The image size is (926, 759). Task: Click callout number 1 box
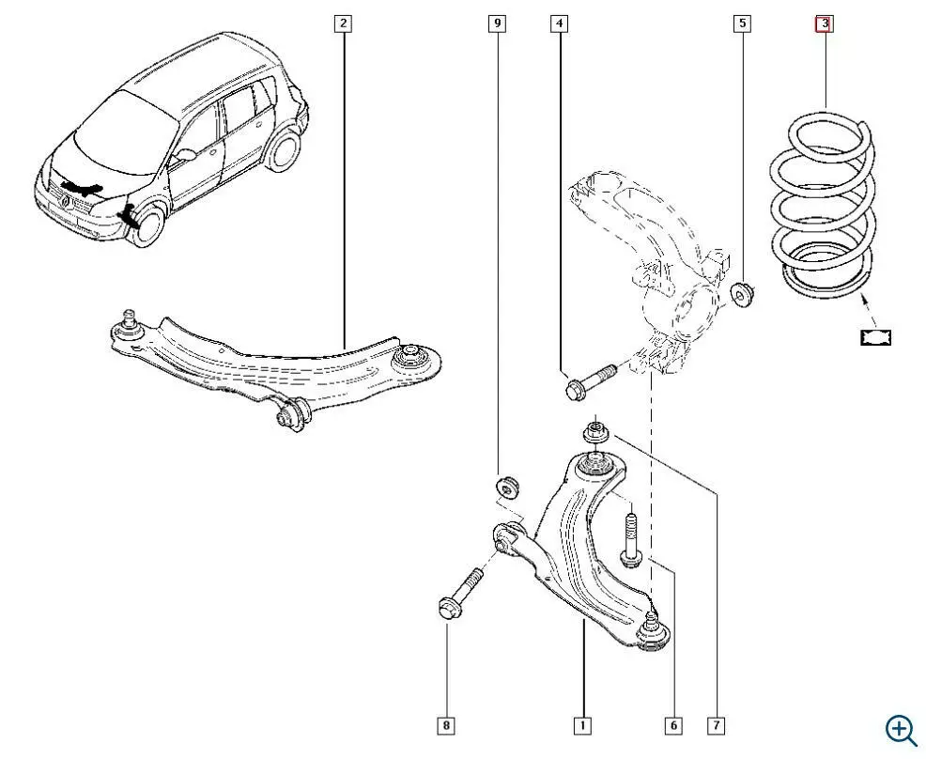pyautogui.click(x=582, y=725)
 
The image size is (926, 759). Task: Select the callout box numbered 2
pyautogui.click(x=344, y=23)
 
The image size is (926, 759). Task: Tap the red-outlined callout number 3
pyautogui.click(x=823, y=23)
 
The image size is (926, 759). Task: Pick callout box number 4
pyautogui.click(x=559, y=23)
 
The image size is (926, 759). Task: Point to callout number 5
pyautogui.click(x=742, y=23)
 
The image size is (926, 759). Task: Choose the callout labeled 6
pyautogui.click(x=672, y=725)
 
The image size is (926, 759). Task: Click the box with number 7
pyautogui.click(x=718, y=725)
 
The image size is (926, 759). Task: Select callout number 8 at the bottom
pyautogui.click(x=447, y=725)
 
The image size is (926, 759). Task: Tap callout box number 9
pyautogui.click(x=498, y=23)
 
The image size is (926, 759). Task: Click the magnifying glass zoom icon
pyautogui.click(x=901, y=730)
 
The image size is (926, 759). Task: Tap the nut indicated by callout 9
pyautogui.click(x=508, y=488)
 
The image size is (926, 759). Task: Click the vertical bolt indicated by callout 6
pyautogui.click(x=630, y=539)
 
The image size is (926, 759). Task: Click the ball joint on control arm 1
pyautogui.click(x=655, y=630)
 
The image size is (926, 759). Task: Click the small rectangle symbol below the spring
pyautogui.click(x=876, y=336)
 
